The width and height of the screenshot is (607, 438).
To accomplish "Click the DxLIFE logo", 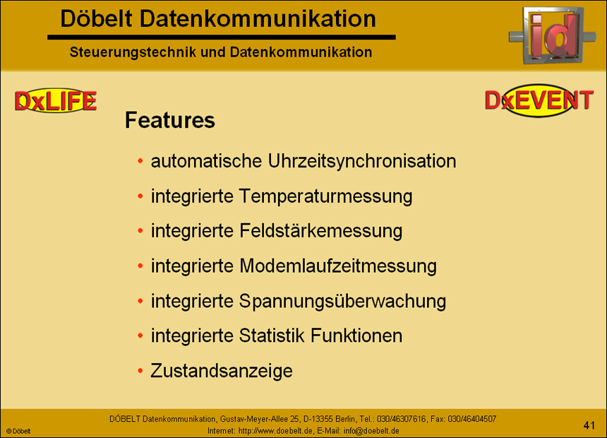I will click(x=56, y=102).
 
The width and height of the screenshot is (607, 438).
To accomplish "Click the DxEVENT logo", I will click(x=539, y=101).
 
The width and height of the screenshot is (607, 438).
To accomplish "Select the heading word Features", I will click(x=169, y=121).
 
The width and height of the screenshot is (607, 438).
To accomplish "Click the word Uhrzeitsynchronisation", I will click(x=362, y=161).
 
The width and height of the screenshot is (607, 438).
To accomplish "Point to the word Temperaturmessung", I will click(x=325, y=196).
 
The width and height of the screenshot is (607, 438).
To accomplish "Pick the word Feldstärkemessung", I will click(x=321, y=231).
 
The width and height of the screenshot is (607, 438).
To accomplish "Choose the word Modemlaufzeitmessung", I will click(x=338, y=266).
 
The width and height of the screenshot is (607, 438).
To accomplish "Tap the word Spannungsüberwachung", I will click(x=343, y=301).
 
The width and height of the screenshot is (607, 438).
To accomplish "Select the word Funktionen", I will click(x=357, y=336).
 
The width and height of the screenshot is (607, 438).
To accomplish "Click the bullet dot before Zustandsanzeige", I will click(x=140, y=371).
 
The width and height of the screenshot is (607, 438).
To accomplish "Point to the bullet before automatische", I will click(x=140, y=162).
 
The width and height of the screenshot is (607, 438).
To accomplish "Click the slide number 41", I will click(x=589, y=425).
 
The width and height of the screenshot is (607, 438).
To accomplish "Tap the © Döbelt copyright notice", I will click(x=19, y=430).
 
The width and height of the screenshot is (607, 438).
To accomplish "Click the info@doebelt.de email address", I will click(x=371, y=430).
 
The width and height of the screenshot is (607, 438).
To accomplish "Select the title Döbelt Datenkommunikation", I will click(x=218, y=19).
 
